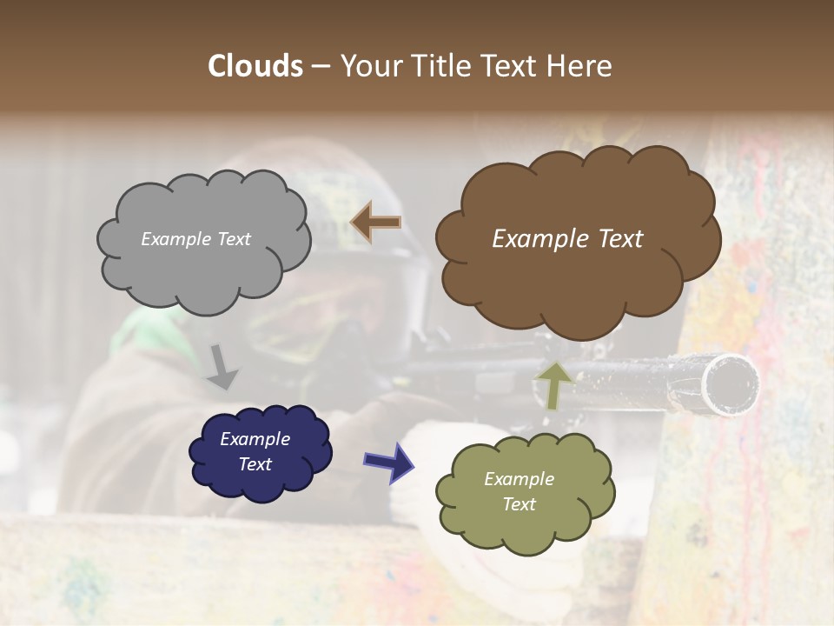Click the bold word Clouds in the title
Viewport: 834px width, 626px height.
pos(255,66)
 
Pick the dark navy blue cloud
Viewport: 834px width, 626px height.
pos(261,452)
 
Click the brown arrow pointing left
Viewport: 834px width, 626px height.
pos(375,223)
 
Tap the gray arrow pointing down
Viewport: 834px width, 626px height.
pos(222,366)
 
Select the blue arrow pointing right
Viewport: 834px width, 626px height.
pos(388,462)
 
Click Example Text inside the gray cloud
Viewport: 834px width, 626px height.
pos(195,239)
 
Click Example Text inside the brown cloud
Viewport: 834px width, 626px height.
pos(567,239)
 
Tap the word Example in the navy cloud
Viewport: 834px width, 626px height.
pos(255,439)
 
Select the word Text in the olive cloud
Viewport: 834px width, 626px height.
pos(519,504)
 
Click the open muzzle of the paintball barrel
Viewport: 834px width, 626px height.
pos(731,383)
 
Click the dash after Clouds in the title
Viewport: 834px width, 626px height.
pos(320,66)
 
